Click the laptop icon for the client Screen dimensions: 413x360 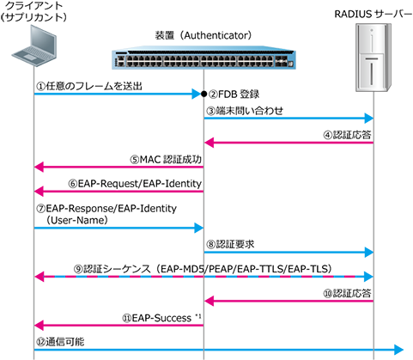pyautogui.click(x=34, y=46)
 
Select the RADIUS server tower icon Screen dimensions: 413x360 pyautogui.click(x=374, y=58)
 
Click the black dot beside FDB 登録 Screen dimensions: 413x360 pyautogui.click(x=203, y=94)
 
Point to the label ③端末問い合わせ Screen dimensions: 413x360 pyautogui.click(x=245, y=111)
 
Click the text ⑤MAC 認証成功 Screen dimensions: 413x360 pyautogui.click(x=166, y=160)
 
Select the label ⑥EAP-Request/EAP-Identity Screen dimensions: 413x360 pyautogui.click(x=135, y=184)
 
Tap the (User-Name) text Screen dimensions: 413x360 pyautogui.click(x=77, y=220)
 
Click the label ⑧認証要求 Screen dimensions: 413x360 pyautogui.click(x=230, y=244)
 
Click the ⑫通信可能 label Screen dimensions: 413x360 pyautogui.click(x=60, y=342)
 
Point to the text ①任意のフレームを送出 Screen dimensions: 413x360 pyautogui.click(x=89, y=86)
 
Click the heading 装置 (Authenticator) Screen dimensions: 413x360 pyautogui.click(x=203, y=35)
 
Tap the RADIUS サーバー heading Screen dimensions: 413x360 pyautogui.click(x=374, y=14)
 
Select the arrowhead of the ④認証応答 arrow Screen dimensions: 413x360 pyautogui.click(x=210, y=143)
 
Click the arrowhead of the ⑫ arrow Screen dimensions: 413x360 pyautogui.click(x=398, y=350)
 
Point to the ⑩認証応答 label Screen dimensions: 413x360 pyautogui.click(x=347, y=293)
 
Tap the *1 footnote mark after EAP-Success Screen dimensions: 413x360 pyautogui.click(x=198, y=316)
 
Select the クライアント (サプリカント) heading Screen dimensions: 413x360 pyautogui.click(x=33, y=11)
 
